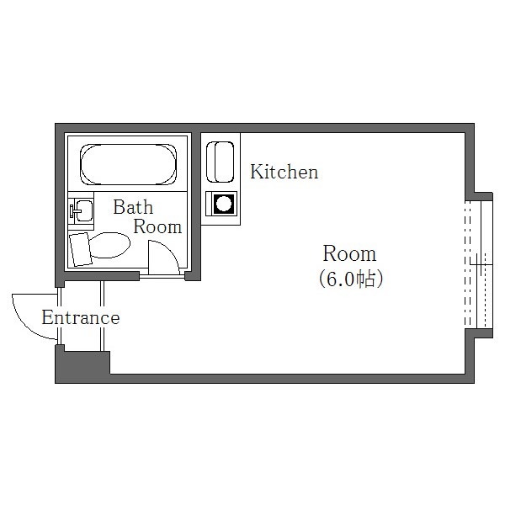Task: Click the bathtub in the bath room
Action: tap(129, 165)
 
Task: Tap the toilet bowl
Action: tap(110, 246)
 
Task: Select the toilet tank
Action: tap(80, 249)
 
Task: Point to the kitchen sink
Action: tap(220, 162)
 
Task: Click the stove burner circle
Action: tap(224, 204)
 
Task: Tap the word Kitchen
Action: tap(284, 172)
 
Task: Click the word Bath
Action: tap(133, 207)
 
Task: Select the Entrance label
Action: tap(81, 317)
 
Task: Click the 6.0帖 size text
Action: tap(351, 279)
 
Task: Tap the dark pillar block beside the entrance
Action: tap(82, 364)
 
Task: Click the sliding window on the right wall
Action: tap(479, 264)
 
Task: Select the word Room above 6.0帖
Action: tap(349, 253)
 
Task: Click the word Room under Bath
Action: tap(157, 226)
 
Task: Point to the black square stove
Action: tap(221, 204)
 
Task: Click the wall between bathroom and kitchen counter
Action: tap(196, 206)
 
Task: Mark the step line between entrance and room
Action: tap(102, 316)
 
